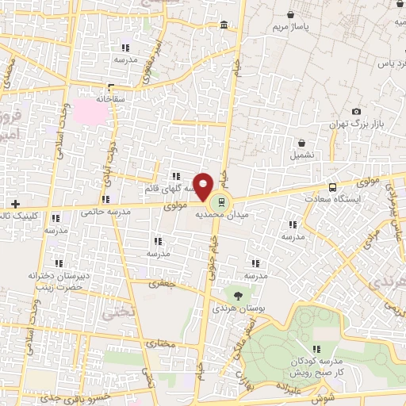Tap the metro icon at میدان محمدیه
coord(221,199)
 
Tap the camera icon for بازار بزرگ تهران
coord(356,112)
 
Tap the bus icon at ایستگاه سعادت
coord(332,186)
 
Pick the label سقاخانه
coord(113,100)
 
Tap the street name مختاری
coord(161,343)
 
